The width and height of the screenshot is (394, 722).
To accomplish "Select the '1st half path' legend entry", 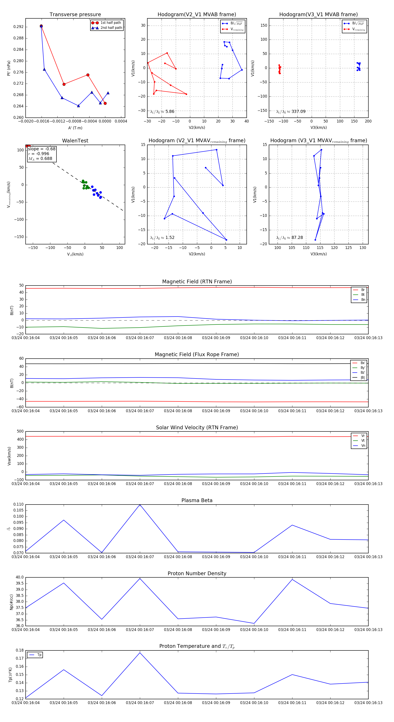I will point(111,23).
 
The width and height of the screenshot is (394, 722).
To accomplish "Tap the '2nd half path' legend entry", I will point(111,28).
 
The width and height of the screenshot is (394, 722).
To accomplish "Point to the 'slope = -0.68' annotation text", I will point(42,149).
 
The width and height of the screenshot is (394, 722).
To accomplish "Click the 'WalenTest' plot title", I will point(75,141).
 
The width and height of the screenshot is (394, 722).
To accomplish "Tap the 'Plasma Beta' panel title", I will point(197,500).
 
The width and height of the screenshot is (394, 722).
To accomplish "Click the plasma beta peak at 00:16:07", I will point(140,505).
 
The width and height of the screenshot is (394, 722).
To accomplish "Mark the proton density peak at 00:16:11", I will point(292,579).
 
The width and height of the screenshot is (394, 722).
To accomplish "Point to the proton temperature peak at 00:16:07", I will point(140,653).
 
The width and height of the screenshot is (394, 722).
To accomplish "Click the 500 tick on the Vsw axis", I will point(20,431).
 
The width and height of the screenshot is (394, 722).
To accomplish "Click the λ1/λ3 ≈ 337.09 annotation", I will point(291,112).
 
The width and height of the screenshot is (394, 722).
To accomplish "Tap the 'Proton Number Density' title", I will point(197,573).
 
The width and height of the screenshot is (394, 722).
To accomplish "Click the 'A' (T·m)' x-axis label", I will point(75,128).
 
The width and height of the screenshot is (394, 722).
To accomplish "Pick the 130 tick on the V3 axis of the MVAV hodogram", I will point(363,247).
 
